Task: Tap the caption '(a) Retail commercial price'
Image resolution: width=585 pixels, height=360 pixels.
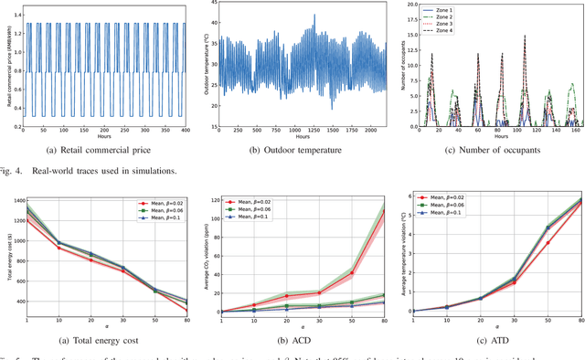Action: pyautogui.click(x=96, y=150)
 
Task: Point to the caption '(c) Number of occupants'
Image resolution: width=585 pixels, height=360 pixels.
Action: pyautogui.click(x=492, y=150)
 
